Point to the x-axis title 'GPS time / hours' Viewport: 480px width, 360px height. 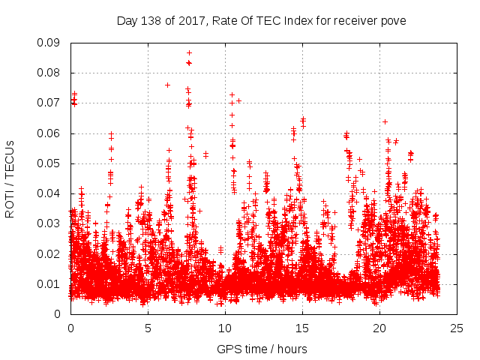(x=262, y=349)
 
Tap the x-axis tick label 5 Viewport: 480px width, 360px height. (x=148, y=328)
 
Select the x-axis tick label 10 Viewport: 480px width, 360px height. (x=225, y=328)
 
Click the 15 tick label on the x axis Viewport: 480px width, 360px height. (x=302, y=328)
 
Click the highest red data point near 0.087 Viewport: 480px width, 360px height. (x=189, y=52)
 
